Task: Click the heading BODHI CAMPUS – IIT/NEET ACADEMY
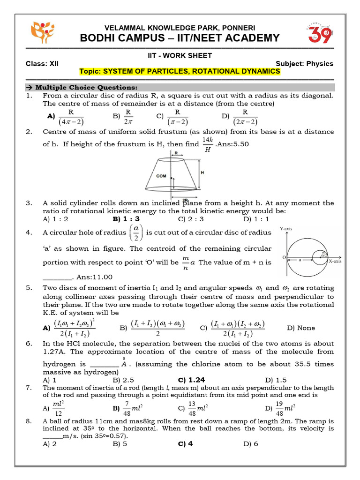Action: pyautogui.click(x=180, y=38)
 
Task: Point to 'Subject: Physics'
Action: pyautogui.click(x=304, y=64)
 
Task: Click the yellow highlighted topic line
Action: pyautogui.click(x=180, y=71)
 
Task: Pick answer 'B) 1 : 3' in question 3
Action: pyautogui.click(x=126, y=218)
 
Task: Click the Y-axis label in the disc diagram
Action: pyautogui.click(x=286, y=229)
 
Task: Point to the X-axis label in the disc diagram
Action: pyautogui.click(x=334, y=262)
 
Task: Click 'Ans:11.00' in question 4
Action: pyautogui.click(x=94, y=277)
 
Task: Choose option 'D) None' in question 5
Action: pyautogui.click(x=300, y=328)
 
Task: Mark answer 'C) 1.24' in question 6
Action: pyautogui.click(x=191, y=380)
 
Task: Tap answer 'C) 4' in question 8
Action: pyautogui.click(x=185, y=444)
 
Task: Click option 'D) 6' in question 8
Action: pyautogui.click(x=251, y=444)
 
